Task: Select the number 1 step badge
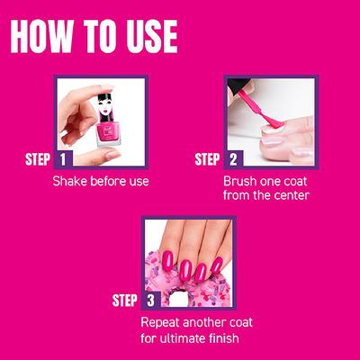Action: tap(63, 160)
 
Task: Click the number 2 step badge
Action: tap(233, 160)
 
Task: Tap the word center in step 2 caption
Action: tap(286, 196)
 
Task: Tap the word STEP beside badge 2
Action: tap(208, 160)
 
